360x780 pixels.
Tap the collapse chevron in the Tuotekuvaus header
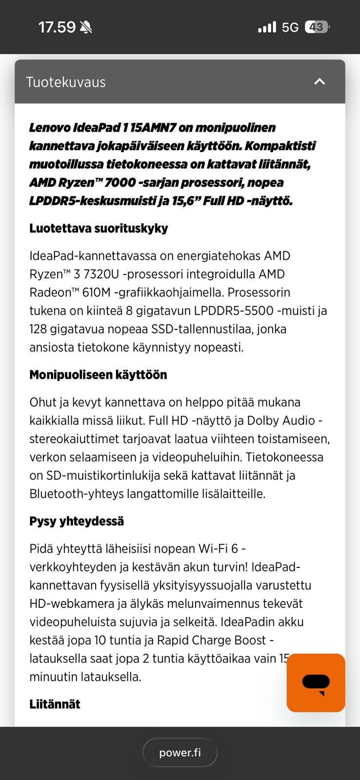pos(320,81)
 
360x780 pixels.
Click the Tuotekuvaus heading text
pos(65,82)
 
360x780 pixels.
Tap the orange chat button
pos(316,682)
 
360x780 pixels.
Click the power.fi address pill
pos(180,752)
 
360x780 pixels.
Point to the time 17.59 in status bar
pos(57,27)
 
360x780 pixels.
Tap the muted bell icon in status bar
pos(86,27)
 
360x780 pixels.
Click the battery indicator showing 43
pos(317,27)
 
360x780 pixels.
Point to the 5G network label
pos(290,27)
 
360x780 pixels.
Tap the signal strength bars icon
pos(267,27)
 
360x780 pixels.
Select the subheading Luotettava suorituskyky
pos(99,228)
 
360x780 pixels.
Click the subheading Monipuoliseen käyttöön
pos(98,374)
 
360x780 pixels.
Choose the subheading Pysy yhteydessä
pos(77,521)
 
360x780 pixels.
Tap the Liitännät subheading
pos(55,703)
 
